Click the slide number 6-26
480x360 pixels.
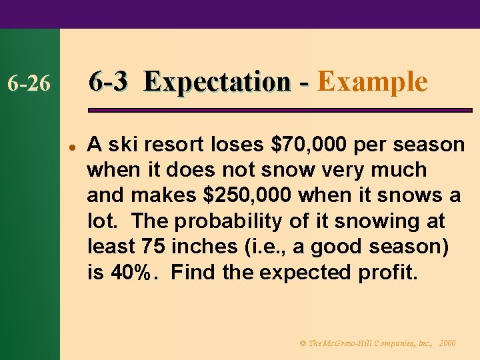tap(27, 84)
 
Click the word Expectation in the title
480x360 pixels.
tap(217, 82)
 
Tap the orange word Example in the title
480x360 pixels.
tap(372, 82)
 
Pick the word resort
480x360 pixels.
tap(163, 144)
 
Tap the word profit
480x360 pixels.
tap(389, 272)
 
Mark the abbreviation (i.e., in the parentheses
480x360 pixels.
tap(261, 247)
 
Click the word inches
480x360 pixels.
tap(205, 247)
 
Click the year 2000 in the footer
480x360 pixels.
tap(447, 343)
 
